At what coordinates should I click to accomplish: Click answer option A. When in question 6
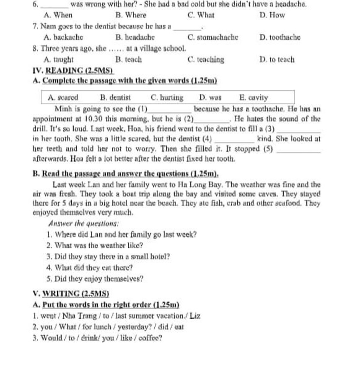click(x=58, y=15)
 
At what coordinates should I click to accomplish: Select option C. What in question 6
click(x=201, y=15)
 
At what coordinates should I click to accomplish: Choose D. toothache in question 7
click(x=279, y=37)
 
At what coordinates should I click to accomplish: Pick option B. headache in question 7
click(x=135, y=37)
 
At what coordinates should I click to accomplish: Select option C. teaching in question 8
click(x=206, y=60)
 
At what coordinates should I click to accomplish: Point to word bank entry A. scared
click(x=63, y=97)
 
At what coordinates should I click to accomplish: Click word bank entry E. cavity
click(x=253, y=97)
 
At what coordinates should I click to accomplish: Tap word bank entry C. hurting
click(x=167, y=97)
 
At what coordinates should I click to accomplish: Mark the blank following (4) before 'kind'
click(x=234, y=140)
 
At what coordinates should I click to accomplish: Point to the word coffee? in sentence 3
click(x=150, y=338)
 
